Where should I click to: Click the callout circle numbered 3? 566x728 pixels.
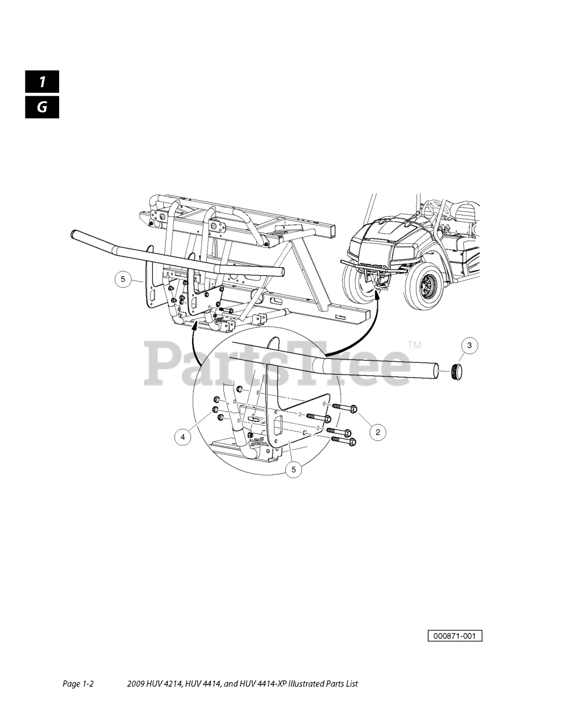point(469,345)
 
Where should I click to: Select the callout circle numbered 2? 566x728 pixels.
point(378,432)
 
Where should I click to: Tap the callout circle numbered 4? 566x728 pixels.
point(183,437)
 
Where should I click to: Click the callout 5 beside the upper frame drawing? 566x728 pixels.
point(123,279)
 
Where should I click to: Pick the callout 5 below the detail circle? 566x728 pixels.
point(294,469)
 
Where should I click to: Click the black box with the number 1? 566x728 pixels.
point(42,81)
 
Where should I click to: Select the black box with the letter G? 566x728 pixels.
point(42,107)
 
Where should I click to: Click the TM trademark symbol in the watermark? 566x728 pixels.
point(415,345)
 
